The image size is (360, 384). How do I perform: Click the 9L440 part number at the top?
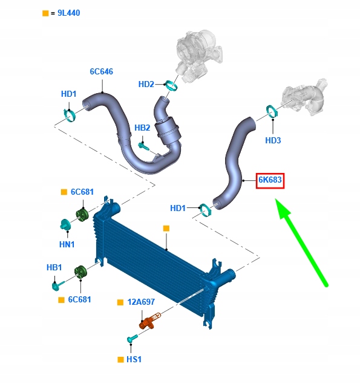coord(68,13)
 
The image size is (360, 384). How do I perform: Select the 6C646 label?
coord(102,71)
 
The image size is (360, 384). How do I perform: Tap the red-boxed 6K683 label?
coord(270,181)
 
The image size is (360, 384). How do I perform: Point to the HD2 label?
coord(146,84)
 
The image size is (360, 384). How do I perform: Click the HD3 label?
coord(273,140)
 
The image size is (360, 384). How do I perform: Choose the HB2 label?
coord(142,128)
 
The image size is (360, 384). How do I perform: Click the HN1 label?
coord(67,244)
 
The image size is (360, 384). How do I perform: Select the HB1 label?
coord(54,267)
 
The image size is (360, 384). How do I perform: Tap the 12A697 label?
coord(141,302)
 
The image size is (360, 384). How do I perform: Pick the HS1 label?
coord(134,360)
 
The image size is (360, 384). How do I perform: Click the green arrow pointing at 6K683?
coord(301,242)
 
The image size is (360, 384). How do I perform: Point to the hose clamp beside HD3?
coord(272,111)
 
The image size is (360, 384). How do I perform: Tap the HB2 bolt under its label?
coord(143,146)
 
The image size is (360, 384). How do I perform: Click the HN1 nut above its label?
coord(65,224)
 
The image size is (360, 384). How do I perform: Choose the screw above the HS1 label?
coord(133,339)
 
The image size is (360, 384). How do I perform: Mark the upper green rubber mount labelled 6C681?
coord(82,215)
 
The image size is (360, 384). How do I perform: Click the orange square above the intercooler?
coord(166,229)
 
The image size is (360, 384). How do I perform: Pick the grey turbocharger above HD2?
coord(198,56)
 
